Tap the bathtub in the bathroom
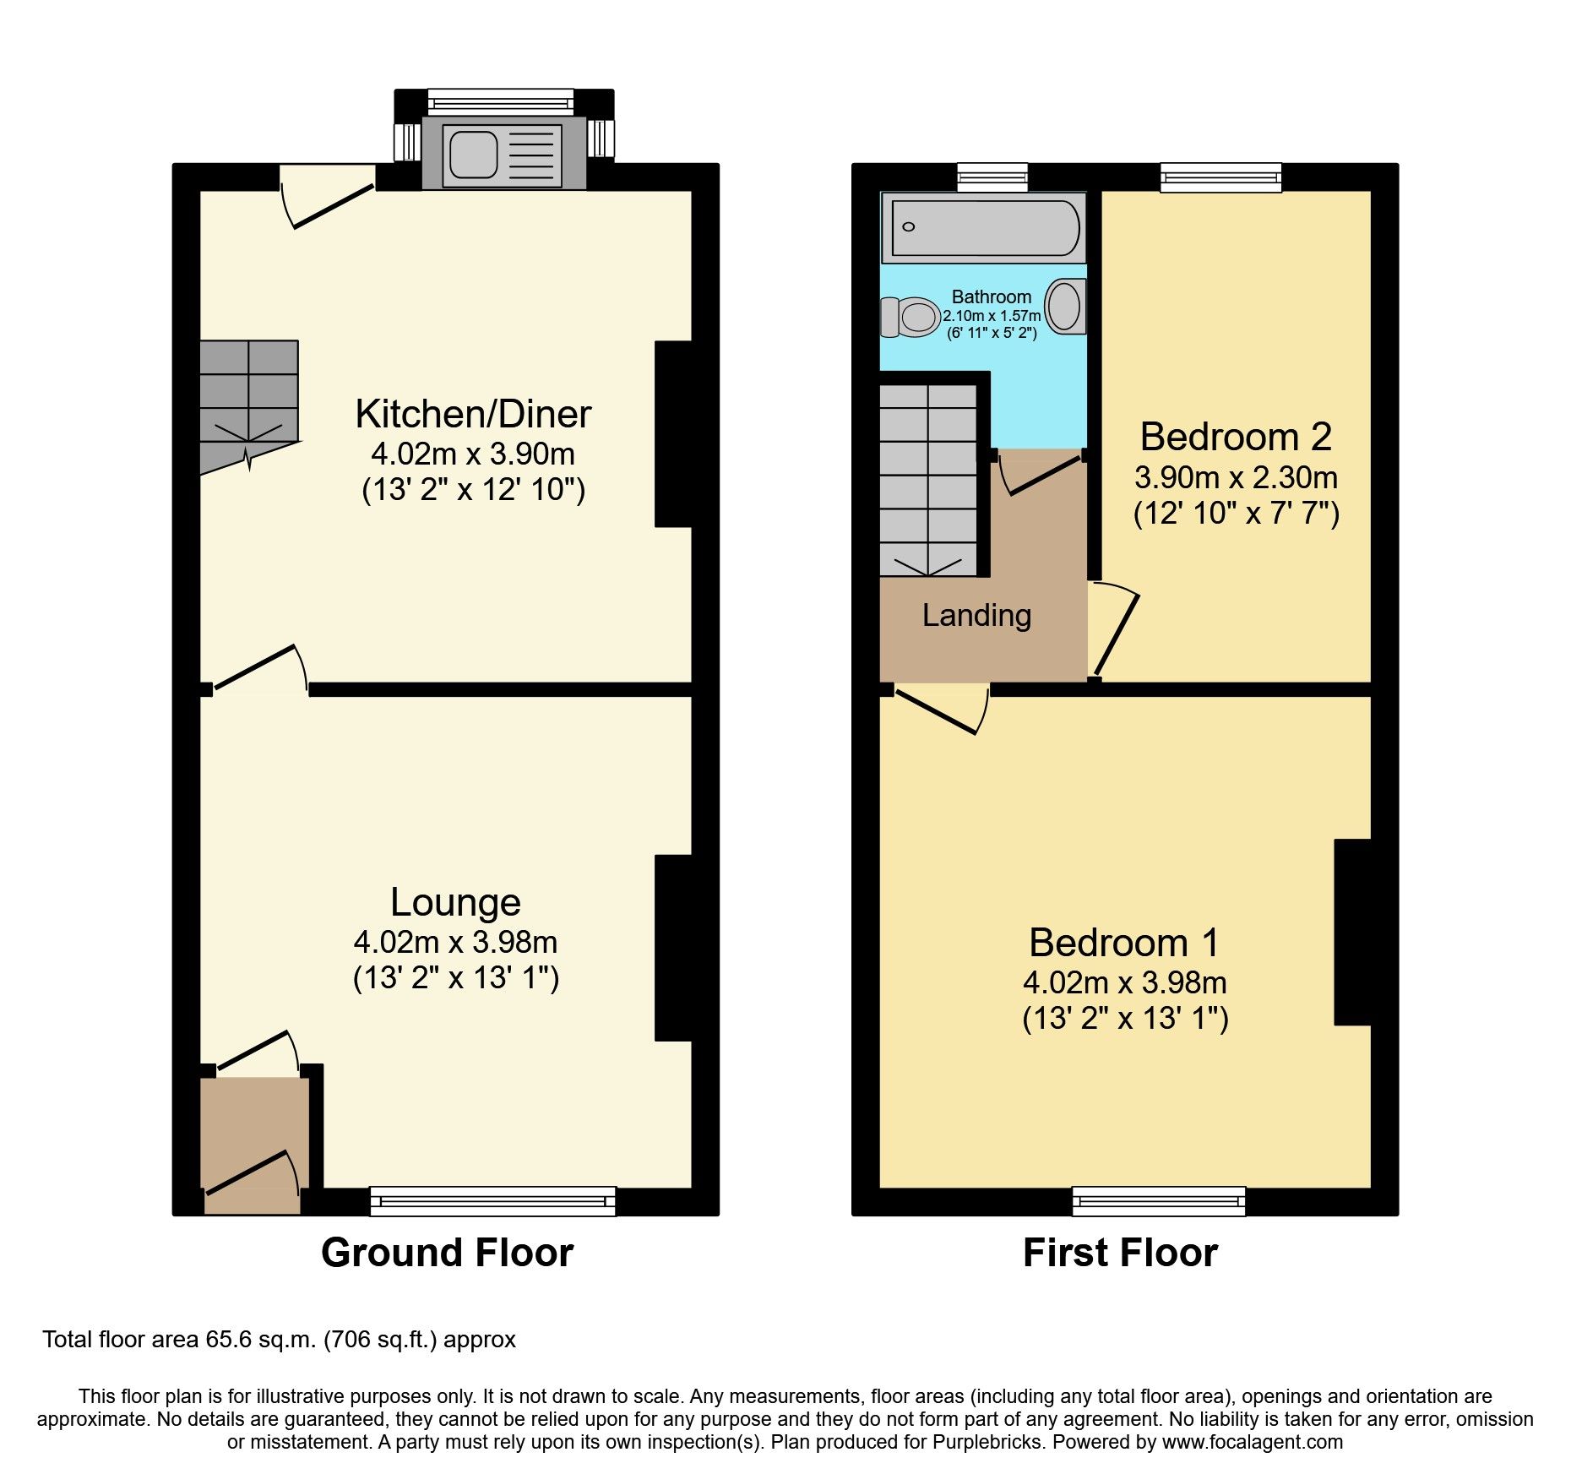click(983, 228)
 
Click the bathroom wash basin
click(1065, 306)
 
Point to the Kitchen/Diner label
click(473, 414)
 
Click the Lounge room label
click(455, 902)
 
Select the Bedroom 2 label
click(1236, 437)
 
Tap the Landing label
click(976, 615)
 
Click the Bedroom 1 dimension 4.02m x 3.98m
click(1124, 982)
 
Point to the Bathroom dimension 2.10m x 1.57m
click(992, 315)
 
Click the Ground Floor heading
click(447, 1252)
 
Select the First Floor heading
click(1120, 1252)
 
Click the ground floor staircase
click(248, 397)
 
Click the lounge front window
click(492, 1200)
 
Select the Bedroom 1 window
click(1159, 1200)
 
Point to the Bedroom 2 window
click(1221, 177)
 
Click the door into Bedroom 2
click(1115, 632)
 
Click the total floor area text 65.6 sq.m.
click(279, 1340)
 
